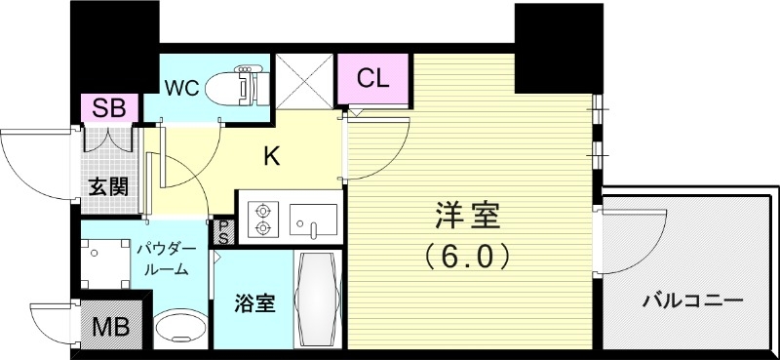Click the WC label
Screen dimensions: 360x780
click(181, 86)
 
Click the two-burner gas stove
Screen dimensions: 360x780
click(262, 219)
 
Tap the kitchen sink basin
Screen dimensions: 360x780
click(313, 219)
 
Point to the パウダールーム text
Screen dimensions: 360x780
click(167, 259)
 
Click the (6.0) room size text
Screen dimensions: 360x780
click(466, 256)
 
